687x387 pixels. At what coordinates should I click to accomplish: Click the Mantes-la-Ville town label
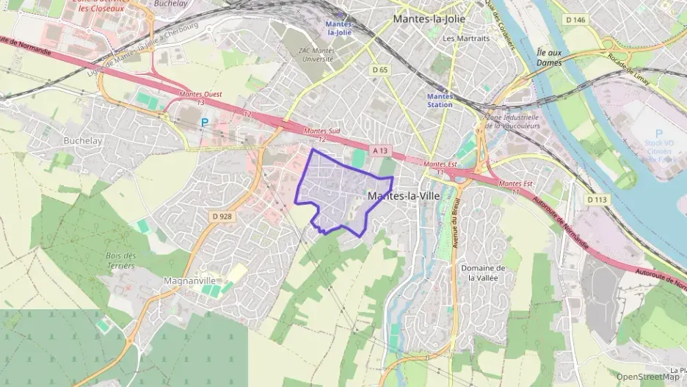click(x=403, y=197)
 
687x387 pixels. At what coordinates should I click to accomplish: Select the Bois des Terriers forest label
click(x=121, y=260)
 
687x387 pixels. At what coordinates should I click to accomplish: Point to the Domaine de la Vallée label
click(x=483, y=273)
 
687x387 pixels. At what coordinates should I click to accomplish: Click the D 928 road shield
click(x=221, y=216)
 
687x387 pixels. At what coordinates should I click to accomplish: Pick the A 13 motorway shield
click(x=379, y=150)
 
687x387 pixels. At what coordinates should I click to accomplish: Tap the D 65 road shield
click(x=379, y=70)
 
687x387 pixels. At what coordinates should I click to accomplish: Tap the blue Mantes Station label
click(x=440, y=100)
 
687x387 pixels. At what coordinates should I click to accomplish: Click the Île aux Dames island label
click(x=549, y=58)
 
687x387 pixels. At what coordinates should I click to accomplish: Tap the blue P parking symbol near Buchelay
click(x=205, y=123)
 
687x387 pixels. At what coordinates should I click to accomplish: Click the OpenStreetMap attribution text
click(x=649, y=377)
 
